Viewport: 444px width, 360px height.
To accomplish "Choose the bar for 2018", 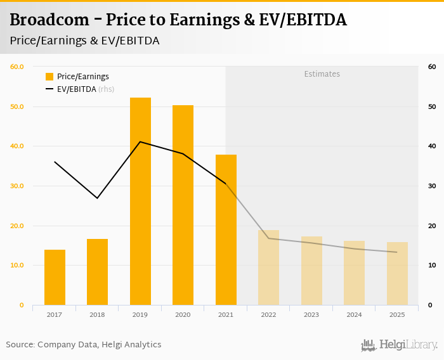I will coord(97,272).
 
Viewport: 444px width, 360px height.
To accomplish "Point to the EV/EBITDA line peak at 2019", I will coord(140,141).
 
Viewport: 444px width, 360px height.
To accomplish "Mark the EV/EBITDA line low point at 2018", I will coord(97,198).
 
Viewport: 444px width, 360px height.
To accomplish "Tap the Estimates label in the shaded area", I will coord(322,74).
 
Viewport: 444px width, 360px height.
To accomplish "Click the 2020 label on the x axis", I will coord(183,314).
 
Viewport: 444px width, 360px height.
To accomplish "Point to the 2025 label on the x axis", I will coord(397,314).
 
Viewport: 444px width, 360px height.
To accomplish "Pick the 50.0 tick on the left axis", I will coord(16,106).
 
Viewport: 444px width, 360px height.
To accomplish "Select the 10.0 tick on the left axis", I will coord(16,266).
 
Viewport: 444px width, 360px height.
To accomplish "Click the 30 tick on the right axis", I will coord(431,186).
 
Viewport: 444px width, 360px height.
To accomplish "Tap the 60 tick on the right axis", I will coord(431,67).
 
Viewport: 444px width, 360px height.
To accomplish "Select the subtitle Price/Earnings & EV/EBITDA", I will coord(84,41).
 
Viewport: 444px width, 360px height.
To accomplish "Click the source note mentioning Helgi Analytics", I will coord(84,345).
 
